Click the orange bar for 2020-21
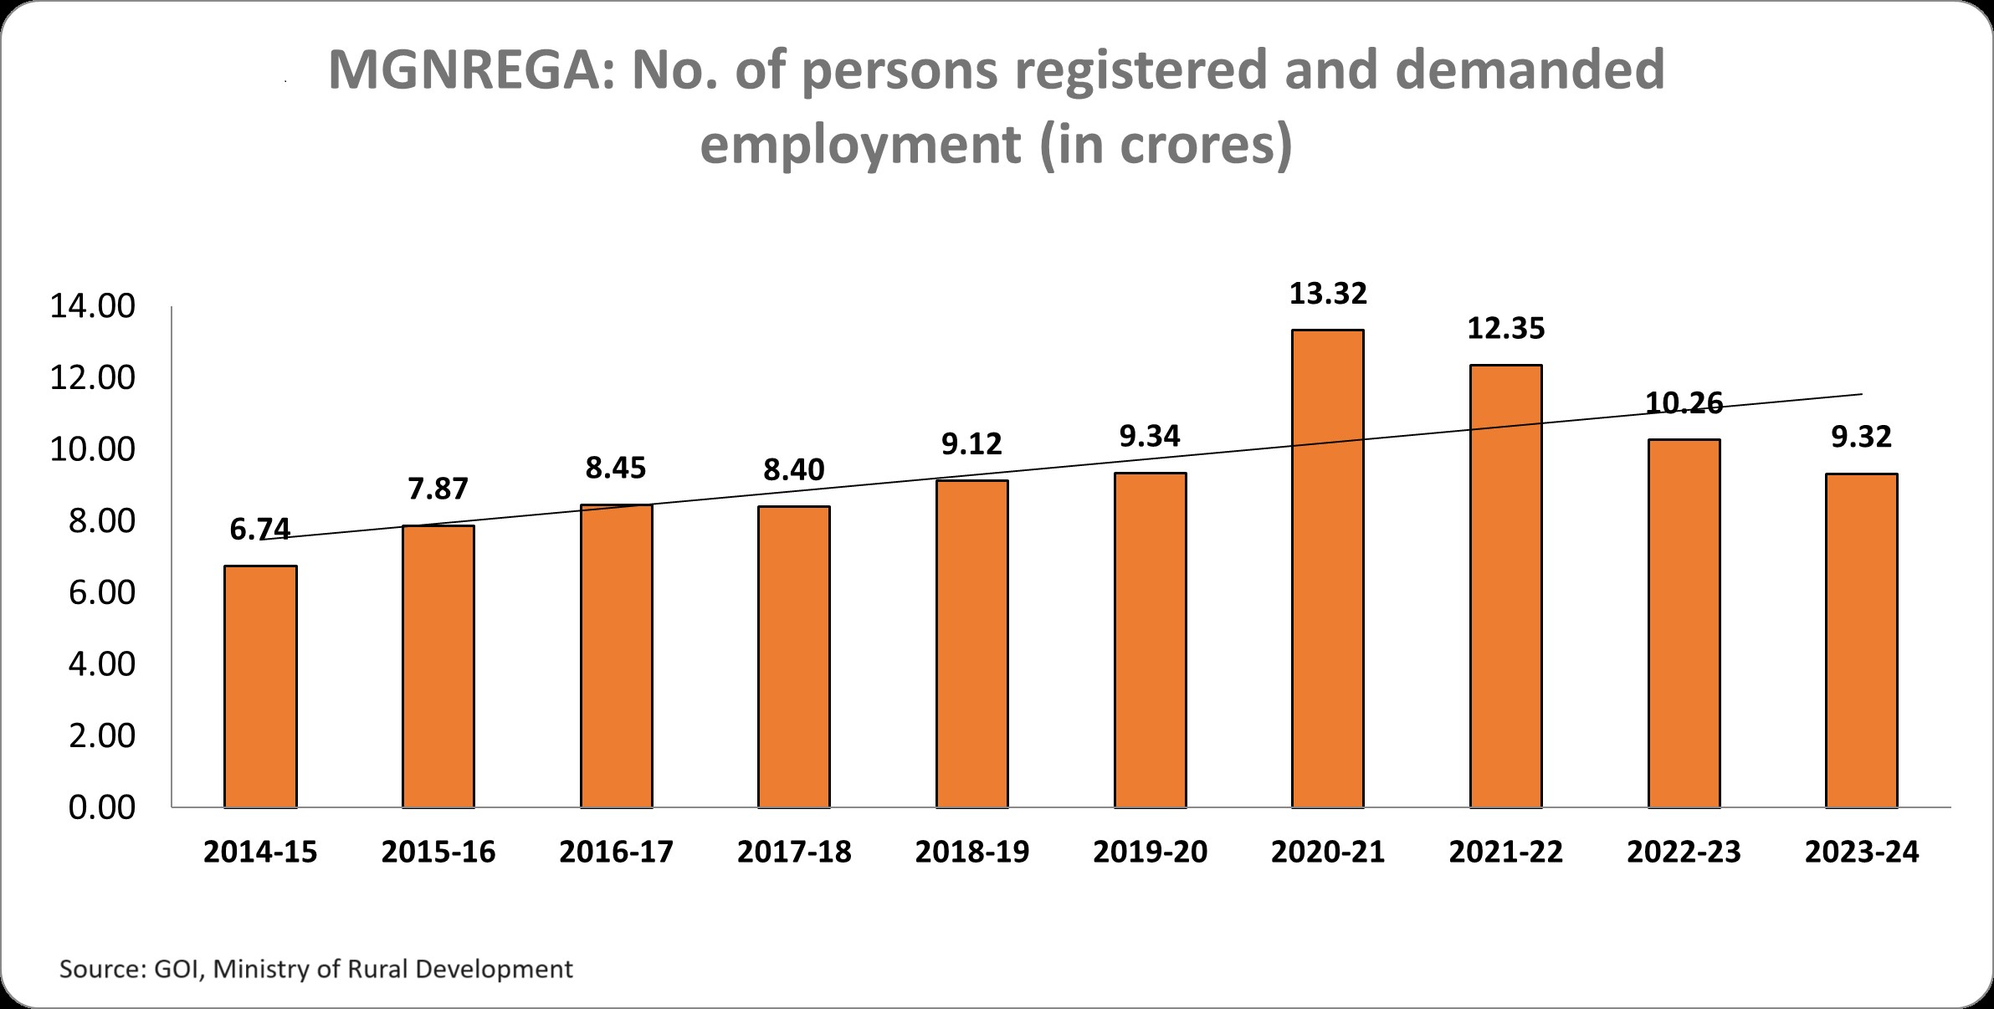pyautogui.click(x=1327, y=569)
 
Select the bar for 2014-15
pyautogui.click(x=260, y=686)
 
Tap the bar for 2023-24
pyautogui.click(x=1861, y=640)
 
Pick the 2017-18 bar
pyautogui.click(x=794, y=657)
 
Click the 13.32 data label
pyautogui.click(x=1328, y=294)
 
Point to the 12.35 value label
pyautogui.click(x=1506, y=329)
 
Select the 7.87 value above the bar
pyautogui.click(x=438, y=489)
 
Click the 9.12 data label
pyautogui.click(x=971, y=443)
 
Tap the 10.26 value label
pyautogui.click(x=1684, y=403)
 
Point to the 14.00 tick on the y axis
pyautogui.click(x=92, y=307)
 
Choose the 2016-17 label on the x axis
pyautogui.click(x=616, y=852)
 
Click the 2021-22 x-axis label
pyautogui.click(x=1506, y=852)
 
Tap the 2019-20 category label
pyautogui.click(x=1150, y=852)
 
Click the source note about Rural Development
pyautogui.click(x=315, y=970)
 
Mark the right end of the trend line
pyautogui.click(x=1861, y=394)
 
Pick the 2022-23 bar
pyautogui.click(x=1684, y=623)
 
